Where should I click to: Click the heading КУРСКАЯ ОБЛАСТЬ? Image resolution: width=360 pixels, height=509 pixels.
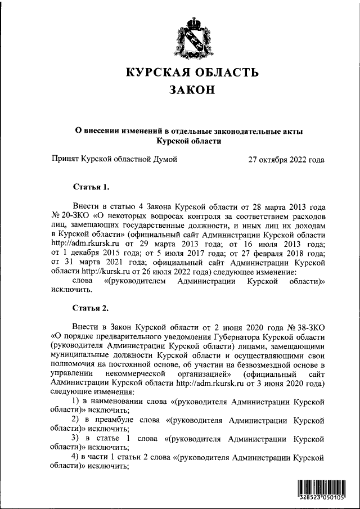[192, 73]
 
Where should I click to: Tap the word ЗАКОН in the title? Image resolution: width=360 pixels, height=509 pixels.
[192, 90]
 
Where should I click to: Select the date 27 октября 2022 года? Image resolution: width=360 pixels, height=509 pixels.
[286, 159]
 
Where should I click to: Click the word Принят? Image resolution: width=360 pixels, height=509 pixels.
[64, 159]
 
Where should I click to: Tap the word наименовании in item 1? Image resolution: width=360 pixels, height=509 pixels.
[115, 400]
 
